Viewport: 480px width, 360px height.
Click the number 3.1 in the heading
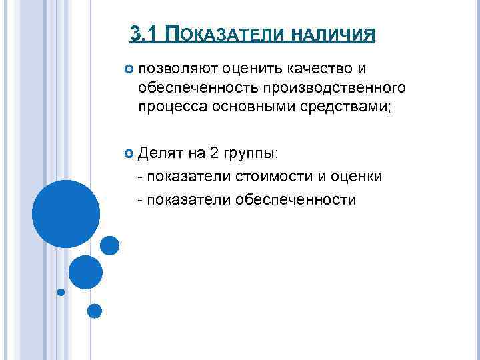145,33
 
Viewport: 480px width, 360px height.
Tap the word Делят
161,155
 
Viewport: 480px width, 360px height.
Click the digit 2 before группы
214,155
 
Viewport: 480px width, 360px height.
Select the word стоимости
277,177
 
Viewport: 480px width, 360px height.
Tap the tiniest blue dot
61,292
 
